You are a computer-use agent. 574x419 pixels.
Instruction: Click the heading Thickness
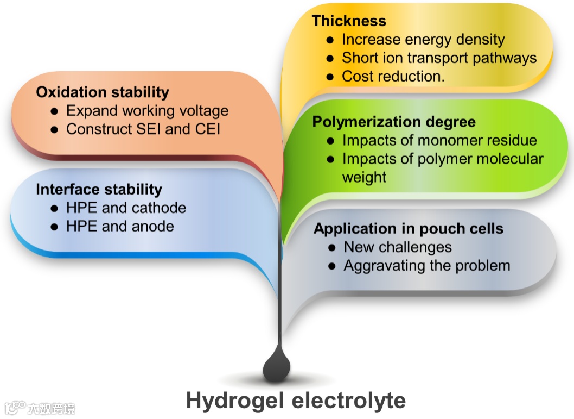[349, 21]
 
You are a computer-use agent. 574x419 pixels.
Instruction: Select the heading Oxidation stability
[103, 92]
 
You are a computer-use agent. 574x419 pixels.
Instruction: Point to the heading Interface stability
[99, 189]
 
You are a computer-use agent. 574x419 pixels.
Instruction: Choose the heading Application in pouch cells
[408, 228]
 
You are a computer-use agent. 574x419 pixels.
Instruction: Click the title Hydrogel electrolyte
[296, 401]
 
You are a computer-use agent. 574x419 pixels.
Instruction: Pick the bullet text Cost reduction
[393, 77]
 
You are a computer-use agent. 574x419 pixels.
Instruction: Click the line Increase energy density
[423, 40]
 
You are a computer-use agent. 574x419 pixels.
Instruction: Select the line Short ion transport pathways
[439, 58]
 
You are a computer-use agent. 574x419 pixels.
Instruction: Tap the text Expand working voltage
[147, 111]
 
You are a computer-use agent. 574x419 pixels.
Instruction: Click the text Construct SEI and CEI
[143, 129]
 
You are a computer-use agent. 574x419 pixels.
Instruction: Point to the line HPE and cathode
[126, 208]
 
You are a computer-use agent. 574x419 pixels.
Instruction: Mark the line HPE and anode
[120, 226]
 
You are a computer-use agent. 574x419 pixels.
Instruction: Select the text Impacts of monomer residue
[439, 140]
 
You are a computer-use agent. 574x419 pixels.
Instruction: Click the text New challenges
[398, 247]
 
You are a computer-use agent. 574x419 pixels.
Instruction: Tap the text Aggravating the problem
[427, 266]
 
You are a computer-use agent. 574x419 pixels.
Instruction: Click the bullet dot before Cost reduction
[330, 77]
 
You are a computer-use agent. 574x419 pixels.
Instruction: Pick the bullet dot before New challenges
[333, 248]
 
